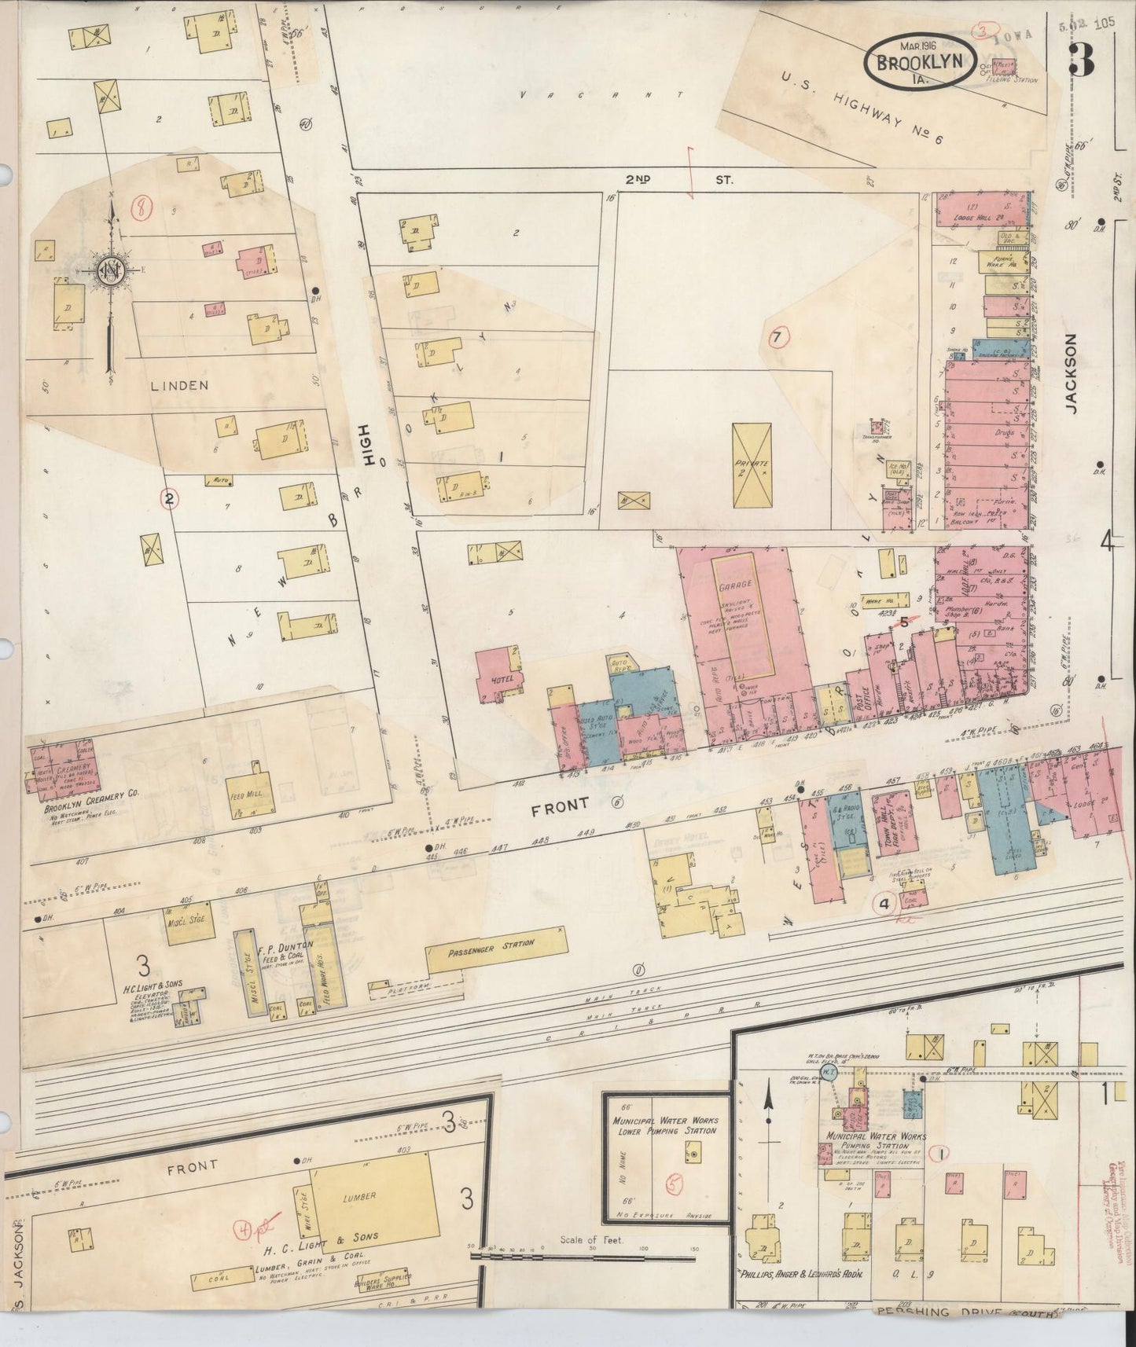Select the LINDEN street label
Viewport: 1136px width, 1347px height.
coord(182,385)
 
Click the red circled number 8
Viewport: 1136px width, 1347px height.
coord(142,208)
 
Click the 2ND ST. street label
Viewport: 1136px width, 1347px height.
coord(679,180)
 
